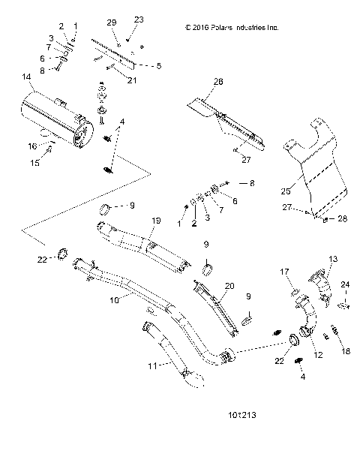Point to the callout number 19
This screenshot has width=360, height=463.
pos(157,220)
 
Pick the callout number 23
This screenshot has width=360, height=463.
pos(138,20)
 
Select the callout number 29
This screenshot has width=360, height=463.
pos(111,25)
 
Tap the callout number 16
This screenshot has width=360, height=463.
pos(32,146)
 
